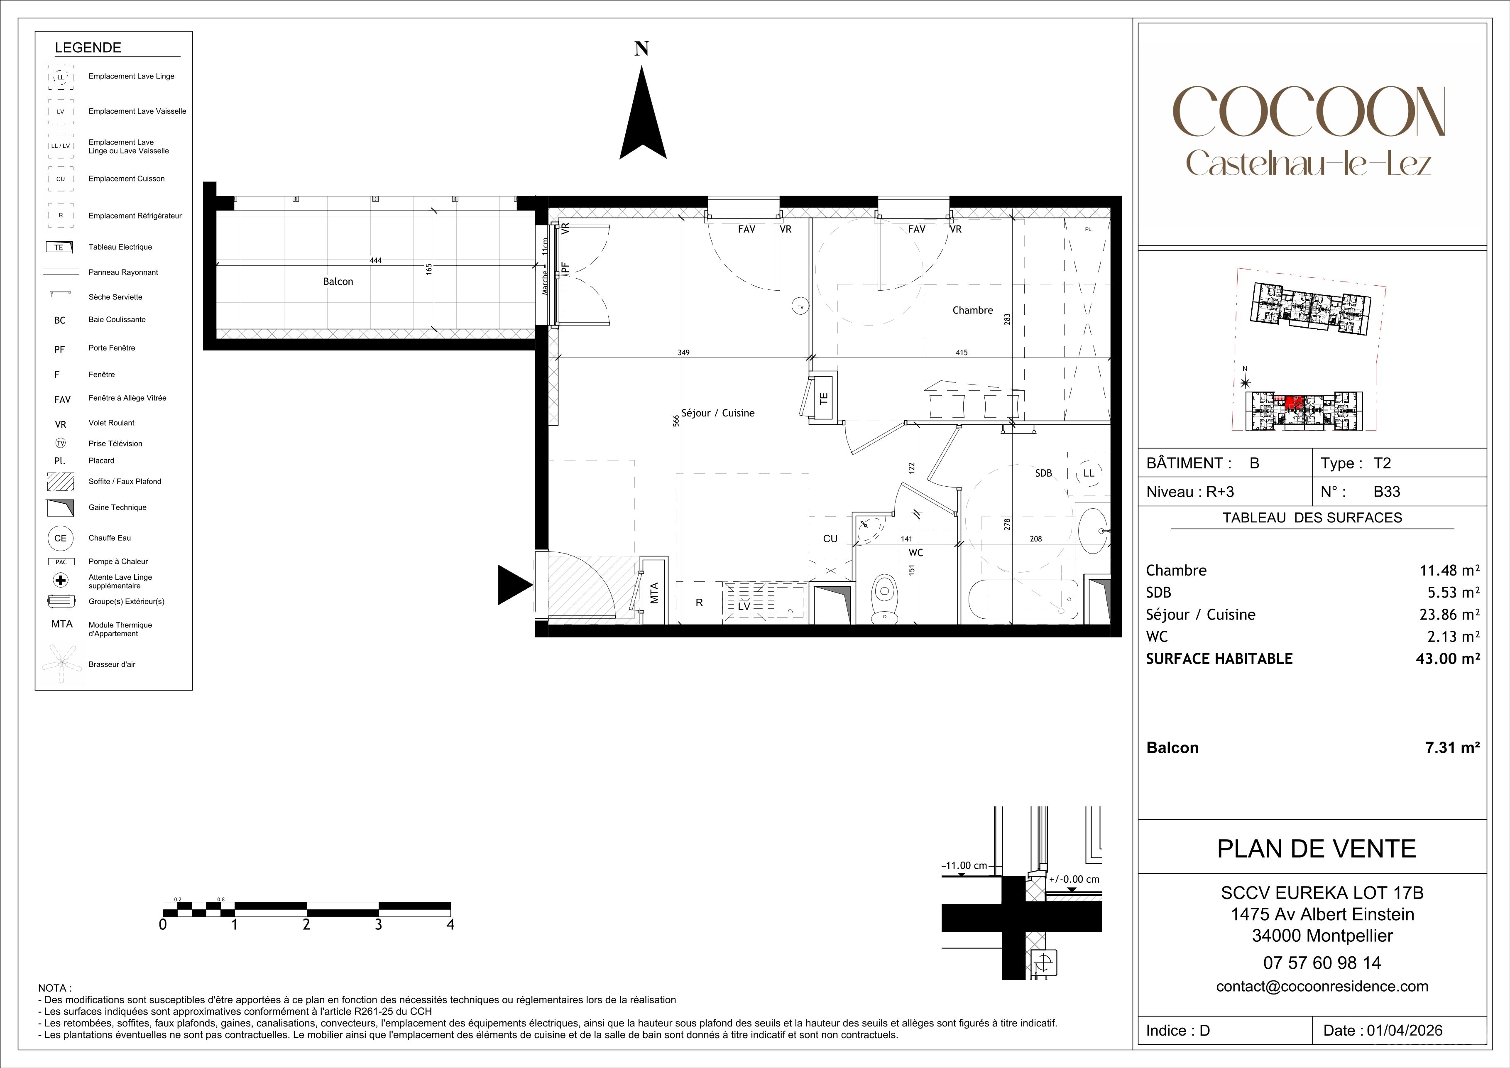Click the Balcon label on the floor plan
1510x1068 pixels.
pyautogui.click(x=338, y=282)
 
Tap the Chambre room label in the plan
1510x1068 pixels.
pyautogui.click(x=973, y=311)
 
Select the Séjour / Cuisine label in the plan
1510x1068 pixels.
pyautogui.click(x=718, y=413)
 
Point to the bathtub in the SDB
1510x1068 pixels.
pyautogui.click(x=1022, y=599)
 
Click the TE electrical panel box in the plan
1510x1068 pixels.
pyautogui.click(x=823, y=397)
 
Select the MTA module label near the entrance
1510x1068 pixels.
pyautogui.click(x=654, y=593)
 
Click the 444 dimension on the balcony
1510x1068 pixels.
pyautogui.click(x=375, y=260)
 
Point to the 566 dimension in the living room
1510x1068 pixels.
pyautogui.click(x=676, y=421)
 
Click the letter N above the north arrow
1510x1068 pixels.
pyautogui.click(x=642, y=49)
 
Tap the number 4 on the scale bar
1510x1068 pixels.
pyautogui.click(x=450, y=924)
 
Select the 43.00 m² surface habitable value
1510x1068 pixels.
pyautogui.click(x=1448, y=658)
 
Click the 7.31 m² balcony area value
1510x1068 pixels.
pyautogui.click(x=1452, y=748)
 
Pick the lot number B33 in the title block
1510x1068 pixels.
pyautogui.click(x=1387, y=492)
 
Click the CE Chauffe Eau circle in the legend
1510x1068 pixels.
pyautogui.click(x=61, y=538)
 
